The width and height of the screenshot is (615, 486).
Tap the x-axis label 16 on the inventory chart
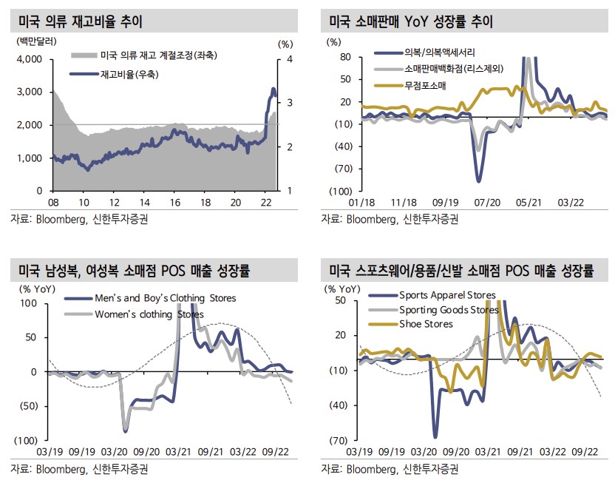coord(174,203)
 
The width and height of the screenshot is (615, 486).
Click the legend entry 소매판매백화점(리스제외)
coord(454,70)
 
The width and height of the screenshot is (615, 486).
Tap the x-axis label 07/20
coord(487,202)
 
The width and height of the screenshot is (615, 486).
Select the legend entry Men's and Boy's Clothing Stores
coord(165,298)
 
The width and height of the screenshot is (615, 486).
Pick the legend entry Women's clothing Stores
coord(149,314)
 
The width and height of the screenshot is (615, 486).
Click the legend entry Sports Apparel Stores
coord(446,295)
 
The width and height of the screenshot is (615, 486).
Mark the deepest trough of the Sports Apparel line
coord(435,436)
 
